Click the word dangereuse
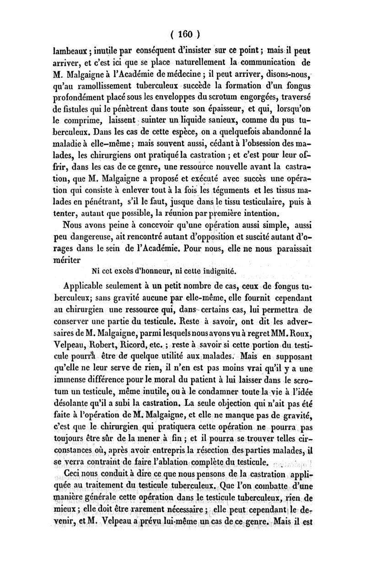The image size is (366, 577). point(96,238)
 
